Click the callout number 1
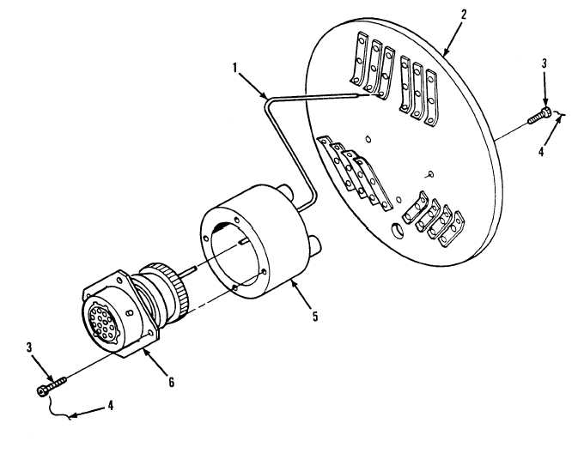coord(235,68)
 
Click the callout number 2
coord(463,15)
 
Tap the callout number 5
coord(315,317)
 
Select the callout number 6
coord(171,382)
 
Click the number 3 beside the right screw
coord(544,63)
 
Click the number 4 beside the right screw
coord(541,151)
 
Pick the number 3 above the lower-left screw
coord(29,347)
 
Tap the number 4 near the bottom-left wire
coord(111,406)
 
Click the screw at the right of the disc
coord(539,115)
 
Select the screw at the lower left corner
coord(52,386)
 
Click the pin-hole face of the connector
coord(102,319)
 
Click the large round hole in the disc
coord(397,231)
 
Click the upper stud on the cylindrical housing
coord(286,191)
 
